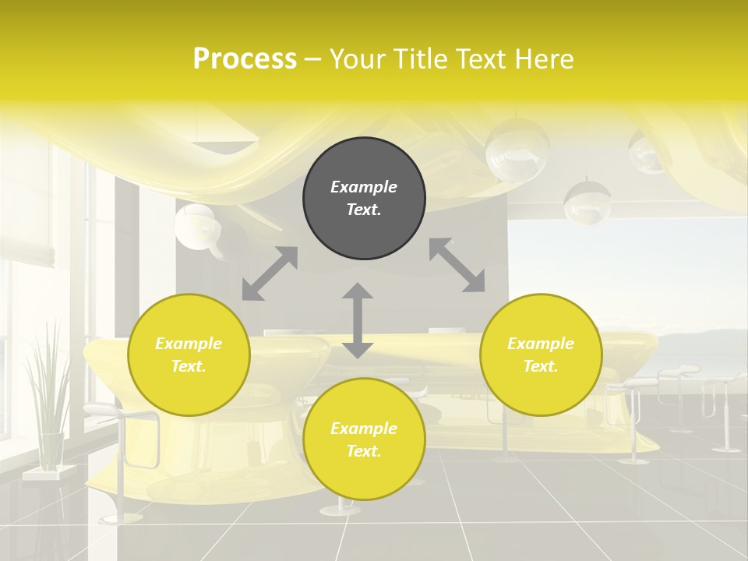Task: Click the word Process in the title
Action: click(245, 59)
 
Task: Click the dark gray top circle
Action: click(364, 199)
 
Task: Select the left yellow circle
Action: click(189, 355)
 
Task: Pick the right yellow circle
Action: click(541, 355)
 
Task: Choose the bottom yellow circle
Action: click(364, 439)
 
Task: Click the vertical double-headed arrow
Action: click(358, 320)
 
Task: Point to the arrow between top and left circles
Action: click(270, 273)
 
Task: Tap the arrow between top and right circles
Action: click(457, 265)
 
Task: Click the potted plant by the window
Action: click(47, 390)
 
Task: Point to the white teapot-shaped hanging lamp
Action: click(196, 228)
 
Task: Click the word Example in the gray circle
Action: click(364, 187)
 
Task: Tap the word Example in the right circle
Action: click(541, 344)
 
